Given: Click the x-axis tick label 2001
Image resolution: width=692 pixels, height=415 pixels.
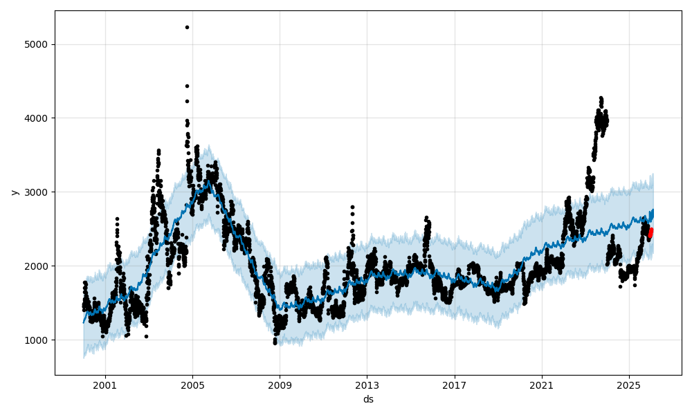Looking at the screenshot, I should (105, 384).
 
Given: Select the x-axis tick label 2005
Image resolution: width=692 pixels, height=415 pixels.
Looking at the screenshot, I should (192, 384).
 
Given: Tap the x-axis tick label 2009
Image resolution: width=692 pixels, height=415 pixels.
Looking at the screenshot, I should (280, 384).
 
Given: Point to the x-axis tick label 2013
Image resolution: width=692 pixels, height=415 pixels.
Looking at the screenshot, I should (367, 384).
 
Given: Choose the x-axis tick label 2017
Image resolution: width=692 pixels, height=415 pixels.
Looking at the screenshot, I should (455, 384).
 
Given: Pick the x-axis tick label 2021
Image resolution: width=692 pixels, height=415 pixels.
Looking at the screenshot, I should (542, 384).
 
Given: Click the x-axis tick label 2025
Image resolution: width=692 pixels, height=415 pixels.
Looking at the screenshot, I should (629, 384).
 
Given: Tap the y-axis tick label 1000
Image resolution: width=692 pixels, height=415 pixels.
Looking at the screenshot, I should (36, 340).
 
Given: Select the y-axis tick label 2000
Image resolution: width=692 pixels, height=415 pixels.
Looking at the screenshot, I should (36, 266).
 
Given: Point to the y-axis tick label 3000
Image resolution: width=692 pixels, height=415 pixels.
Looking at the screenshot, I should (36, 192).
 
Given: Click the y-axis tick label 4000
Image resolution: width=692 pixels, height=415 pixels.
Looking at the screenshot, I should (36, 118).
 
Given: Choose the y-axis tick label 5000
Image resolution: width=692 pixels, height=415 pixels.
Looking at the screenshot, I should (36, 44).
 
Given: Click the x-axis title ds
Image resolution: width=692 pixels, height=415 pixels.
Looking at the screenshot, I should (368, 399).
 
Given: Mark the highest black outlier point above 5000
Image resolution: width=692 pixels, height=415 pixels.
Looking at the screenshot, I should (187, 27).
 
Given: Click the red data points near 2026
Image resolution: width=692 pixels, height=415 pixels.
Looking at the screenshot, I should (650, 233).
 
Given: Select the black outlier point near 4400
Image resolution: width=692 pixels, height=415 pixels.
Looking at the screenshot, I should (187, 86).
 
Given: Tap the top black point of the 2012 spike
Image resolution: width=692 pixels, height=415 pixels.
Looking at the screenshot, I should (352, 207).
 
